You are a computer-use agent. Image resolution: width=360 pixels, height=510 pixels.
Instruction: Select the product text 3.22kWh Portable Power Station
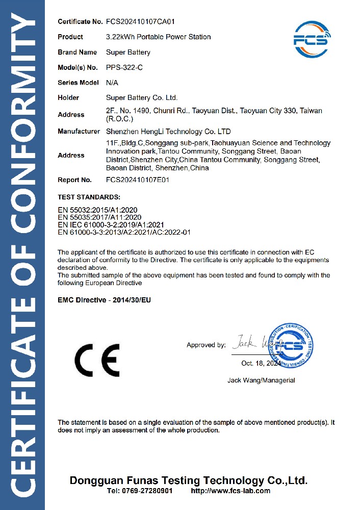pos(158,37)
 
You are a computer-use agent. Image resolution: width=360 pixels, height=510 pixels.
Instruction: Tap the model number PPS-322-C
pos(124,67)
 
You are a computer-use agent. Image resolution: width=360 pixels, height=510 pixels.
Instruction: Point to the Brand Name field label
pos(77,52)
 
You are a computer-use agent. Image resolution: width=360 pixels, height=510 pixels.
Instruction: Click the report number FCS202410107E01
pos(138,180)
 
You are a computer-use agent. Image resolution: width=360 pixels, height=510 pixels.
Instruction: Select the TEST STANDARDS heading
pos(89,196)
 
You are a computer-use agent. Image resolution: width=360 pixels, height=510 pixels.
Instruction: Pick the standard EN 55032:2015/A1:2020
pos(97,210)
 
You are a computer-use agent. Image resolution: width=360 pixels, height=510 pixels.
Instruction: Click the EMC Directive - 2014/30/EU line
pos(104,300)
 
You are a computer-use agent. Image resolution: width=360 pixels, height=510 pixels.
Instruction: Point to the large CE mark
pos(97,360)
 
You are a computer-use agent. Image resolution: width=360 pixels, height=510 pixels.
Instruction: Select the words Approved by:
pos(206,345)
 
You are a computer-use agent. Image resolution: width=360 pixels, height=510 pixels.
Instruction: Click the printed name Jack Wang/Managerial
pos(261,380)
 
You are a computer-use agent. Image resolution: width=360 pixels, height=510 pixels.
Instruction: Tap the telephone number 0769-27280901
pos(147,491)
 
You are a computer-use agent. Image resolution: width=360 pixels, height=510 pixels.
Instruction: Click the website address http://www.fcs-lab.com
pos(230,491)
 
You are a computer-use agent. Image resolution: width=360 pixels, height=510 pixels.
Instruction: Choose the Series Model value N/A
pos(112,82)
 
